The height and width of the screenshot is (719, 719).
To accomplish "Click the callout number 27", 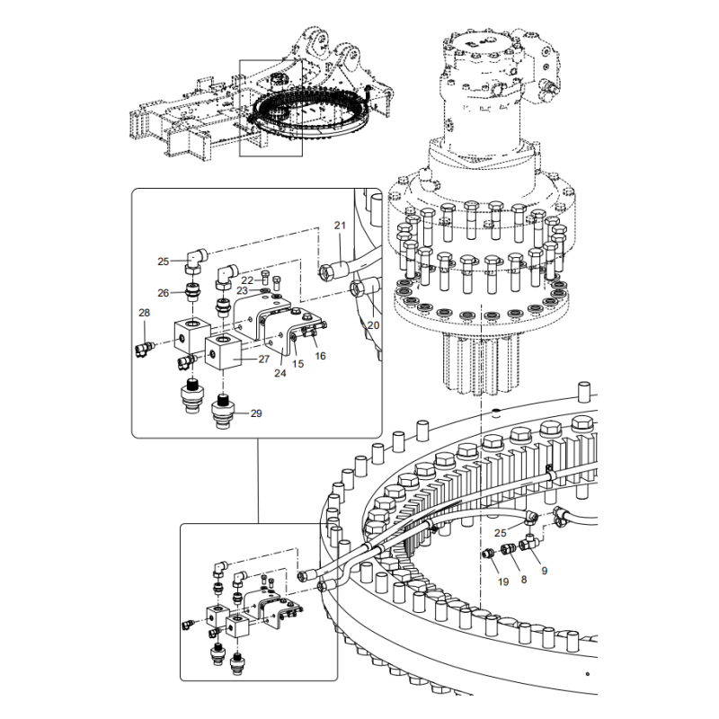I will [x=263, y=359].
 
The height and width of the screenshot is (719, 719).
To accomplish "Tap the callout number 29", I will [x=256, y=413].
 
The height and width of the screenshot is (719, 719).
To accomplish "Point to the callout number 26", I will [x=163, y=292].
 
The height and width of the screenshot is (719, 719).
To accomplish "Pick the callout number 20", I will [x=374, y=325].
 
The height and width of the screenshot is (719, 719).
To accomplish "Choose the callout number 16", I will [x=320, y=356].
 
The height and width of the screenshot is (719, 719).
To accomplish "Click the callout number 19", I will [x=503, y=582].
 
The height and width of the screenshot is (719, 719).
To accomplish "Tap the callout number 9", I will [x=544, y=570].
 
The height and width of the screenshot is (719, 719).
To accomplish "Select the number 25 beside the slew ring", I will [x=500, y=533].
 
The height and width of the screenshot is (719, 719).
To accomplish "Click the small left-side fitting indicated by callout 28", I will [x=144, y=344].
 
